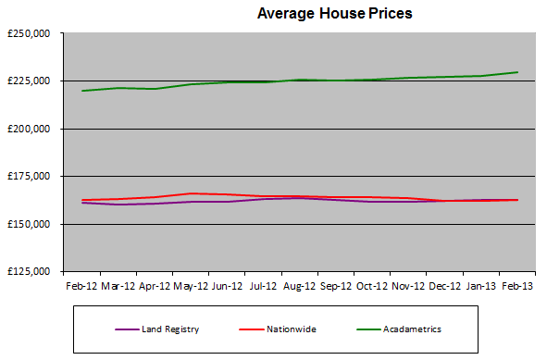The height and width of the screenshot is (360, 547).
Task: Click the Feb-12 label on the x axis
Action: click(81, 287)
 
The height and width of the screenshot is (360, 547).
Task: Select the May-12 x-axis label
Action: click(190, 287)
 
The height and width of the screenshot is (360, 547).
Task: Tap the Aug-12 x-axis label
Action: click(299, 287)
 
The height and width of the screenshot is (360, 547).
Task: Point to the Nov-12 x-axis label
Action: click(407, 287)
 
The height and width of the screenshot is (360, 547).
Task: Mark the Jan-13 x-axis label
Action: click(479, 287)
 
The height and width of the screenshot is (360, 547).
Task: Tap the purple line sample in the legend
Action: click(127, 328)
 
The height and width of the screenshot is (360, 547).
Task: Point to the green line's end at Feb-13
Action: click(516, 72)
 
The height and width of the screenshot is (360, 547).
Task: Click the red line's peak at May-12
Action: click(190, 193)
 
